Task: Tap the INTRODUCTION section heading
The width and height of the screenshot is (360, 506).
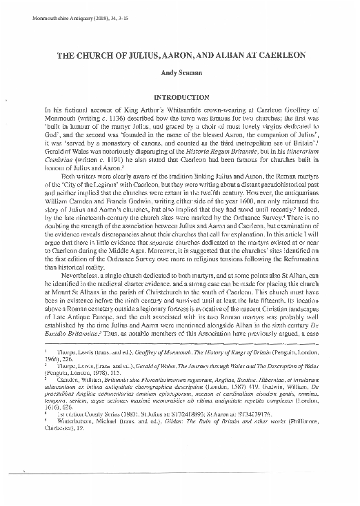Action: click(180, 99)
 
